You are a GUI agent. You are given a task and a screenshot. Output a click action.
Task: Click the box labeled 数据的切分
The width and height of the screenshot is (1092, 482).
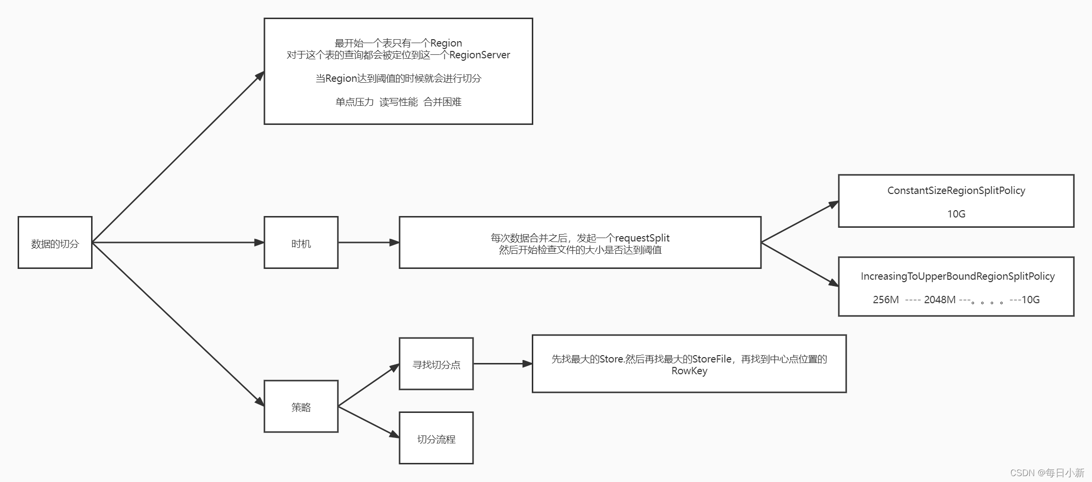click(x=55, y=243)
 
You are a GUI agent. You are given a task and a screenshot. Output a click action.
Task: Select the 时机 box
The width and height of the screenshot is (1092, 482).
click(x=301, y=243)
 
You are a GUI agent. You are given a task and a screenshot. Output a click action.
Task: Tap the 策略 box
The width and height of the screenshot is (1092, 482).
click(x=301, y=407)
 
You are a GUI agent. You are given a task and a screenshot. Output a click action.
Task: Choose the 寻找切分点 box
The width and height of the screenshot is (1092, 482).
click(x=436, y=364)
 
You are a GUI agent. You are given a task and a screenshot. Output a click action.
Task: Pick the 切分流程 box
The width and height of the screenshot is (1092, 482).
click(x=436, y=438)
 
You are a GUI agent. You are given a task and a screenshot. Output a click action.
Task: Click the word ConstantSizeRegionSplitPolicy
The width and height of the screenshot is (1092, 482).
click(x=956, y=191)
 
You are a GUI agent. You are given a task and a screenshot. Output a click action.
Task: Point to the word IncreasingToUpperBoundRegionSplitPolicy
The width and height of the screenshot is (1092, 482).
click(x=957, y=276)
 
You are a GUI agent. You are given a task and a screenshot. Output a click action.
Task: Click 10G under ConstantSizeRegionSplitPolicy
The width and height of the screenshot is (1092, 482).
click(x=956, y=214)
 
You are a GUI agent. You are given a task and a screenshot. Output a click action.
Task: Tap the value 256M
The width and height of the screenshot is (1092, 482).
click(x=885, y=300)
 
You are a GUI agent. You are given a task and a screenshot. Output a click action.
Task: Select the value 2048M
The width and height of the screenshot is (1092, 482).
click(x=939, y=300)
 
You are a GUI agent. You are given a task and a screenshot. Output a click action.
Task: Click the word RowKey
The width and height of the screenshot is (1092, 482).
click(x=689, y=371)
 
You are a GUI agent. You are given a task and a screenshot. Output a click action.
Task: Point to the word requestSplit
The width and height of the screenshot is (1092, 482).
click(x=642, y=238)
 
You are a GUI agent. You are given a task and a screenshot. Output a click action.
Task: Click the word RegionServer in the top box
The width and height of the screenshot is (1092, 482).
click(x=479, y=55)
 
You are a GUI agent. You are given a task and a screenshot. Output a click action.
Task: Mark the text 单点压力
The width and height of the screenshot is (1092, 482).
click(x=354, y=102)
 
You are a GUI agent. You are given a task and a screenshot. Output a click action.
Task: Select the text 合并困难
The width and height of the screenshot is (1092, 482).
click(x=442, y=102)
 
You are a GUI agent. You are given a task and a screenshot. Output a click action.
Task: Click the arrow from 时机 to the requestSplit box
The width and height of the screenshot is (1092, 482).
click(x=368, y=242)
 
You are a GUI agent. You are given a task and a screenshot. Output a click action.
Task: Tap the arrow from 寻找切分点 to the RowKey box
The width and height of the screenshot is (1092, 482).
click(x=502, y=363)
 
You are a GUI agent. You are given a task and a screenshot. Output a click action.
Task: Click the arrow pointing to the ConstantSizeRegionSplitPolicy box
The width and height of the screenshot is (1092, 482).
click(x=800, y=222)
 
